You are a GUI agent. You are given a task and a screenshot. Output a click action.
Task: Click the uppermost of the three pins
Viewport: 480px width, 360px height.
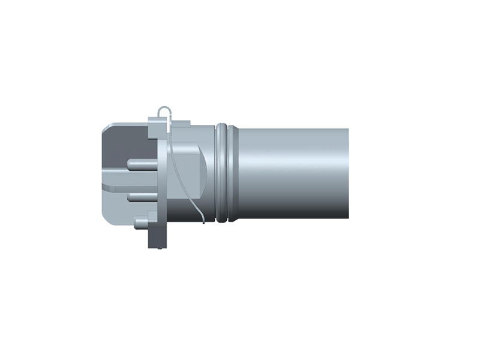click(x=142, y=163)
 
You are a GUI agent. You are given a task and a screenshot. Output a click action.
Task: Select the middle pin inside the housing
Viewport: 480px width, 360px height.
click(x=142, y=196)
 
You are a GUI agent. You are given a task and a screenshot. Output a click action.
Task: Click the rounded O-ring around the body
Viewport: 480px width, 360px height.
click(x=222, y=173)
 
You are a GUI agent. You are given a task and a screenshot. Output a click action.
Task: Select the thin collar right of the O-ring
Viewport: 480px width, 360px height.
click(x=234, y=173)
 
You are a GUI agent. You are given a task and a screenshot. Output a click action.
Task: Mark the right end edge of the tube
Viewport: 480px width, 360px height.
click(x=348, y=173)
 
